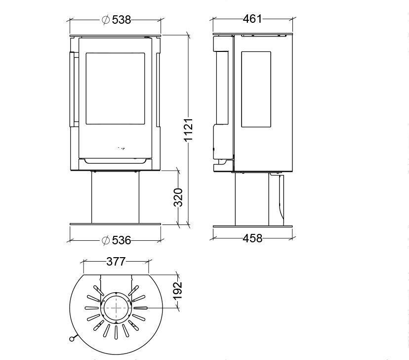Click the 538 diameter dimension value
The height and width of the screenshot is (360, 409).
coord(122,20)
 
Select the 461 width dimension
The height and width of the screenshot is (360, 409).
coord(252,19)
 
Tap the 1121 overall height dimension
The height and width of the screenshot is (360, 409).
coord(188,130)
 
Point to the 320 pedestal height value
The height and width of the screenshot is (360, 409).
coord(178,197)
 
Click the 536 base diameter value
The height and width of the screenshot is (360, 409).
coord(122,240)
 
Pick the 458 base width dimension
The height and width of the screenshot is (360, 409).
coord(252,238)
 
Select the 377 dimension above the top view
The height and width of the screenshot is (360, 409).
coord(116,261)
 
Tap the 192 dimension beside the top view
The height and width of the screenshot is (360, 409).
coord(178,291)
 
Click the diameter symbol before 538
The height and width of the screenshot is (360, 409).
coord(106,20)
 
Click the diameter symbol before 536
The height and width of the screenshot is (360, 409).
coord(106,240)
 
